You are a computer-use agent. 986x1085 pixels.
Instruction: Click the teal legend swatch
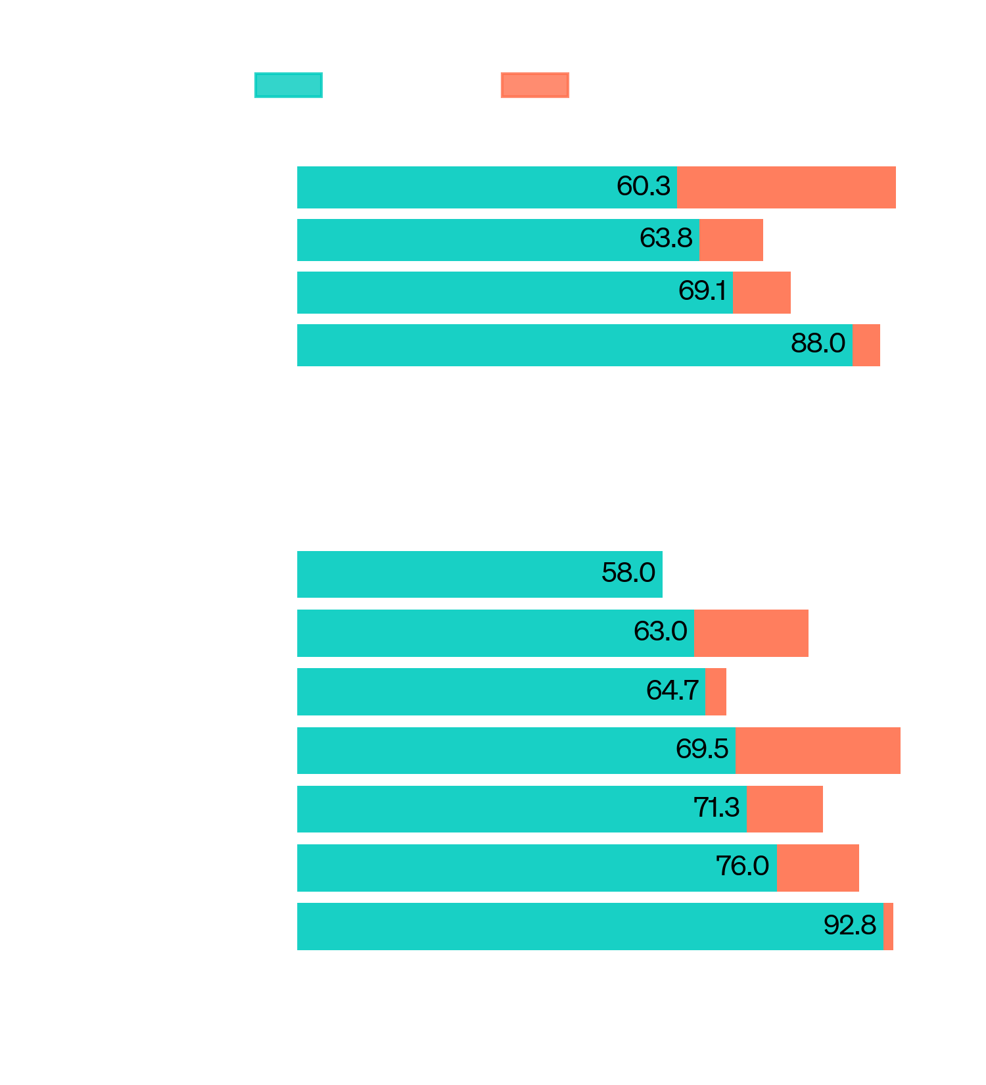click(288, 85)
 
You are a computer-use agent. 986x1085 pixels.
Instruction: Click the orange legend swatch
click(534, 85)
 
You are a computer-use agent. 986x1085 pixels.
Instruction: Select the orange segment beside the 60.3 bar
click(786, 187)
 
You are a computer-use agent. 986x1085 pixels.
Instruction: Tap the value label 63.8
click(666, 238)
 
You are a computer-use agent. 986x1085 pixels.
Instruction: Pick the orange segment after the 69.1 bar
click(762, 293)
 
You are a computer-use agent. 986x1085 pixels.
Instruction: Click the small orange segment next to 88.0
click(866, 345)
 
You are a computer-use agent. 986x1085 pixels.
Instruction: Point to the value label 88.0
click(818, 343)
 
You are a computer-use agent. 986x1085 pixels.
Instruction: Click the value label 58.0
click(628, 573)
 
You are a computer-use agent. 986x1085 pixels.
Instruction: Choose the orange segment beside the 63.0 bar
click(751, 633)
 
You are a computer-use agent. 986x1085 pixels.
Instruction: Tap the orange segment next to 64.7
click(716, 692)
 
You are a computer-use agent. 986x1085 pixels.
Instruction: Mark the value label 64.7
click(672, 690)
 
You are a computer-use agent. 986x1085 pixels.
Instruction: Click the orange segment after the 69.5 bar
click(818, 750)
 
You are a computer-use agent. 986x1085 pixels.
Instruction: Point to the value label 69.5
click(702, 749)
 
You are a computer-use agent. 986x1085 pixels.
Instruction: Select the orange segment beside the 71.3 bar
click(784, 809)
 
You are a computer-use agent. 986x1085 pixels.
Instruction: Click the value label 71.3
click(716, 808)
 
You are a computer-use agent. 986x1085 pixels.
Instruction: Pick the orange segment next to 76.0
click(818, 868)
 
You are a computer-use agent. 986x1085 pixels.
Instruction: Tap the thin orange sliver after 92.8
click(888, 927)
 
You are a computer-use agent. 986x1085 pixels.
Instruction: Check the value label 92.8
click(849, 925)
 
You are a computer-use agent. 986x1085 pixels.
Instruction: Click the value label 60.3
click(643, 186)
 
